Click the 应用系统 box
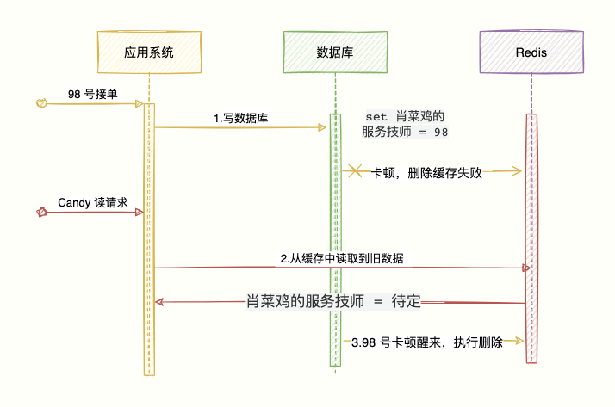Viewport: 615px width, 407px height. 149,52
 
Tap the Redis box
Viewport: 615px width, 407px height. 531,52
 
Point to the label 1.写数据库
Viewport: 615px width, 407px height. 240,119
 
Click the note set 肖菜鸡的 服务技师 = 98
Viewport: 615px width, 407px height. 406,124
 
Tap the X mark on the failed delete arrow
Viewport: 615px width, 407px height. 354,171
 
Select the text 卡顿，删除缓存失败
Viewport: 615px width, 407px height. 426,172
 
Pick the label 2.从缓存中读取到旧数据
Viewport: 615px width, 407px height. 343,258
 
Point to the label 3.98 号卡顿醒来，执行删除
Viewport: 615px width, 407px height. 426,342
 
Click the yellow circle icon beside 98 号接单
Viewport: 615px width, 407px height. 40,103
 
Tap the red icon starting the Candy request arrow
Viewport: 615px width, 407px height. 40,212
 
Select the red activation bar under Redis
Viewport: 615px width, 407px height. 531,237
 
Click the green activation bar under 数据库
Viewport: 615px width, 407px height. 334,237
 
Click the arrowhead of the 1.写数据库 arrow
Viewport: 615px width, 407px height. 323,127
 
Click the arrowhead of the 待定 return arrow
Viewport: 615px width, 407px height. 159,302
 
